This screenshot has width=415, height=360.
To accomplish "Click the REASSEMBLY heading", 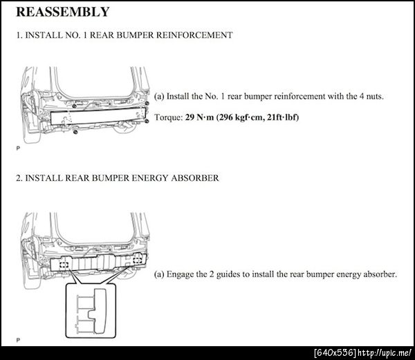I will pyautogui.click(x=62, y=12).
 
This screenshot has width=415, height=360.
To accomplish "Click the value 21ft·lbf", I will pyautogui.click(x=282, y=117).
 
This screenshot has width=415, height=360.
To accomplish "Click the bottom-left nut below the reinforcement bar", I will pyautogui.click(x=74, y=132).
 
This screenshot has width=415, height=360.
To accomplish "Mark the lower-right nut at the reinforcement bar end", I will pyautogui.click(x=147, y=121).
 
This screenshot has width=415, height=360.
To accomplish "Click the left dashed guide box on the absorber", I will pyautogui.click(x=64, y=263).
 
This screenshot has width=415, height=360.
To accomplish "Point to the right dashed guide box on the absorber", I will pyautogui.click(x=138, y=260).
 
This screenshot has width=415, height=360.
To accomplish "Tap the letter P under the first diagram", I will pyautogui.click(x=17, y=148).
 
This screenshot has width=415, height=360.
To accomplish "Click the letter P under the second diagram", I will pyautogui.click(x=17, y=340).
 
